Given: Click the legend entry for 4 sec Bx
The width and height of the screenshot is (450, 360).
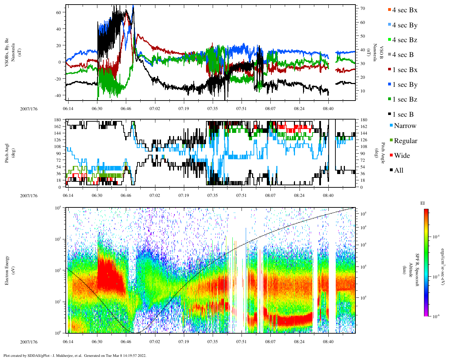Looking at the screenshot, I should (x=405, y=10).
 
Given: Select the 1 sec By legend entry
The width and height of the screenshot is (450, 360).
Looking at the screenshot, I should (x=405, y=85).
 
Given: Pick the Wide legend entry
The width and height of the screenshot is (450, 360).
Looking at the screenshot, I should (x=402, y=156).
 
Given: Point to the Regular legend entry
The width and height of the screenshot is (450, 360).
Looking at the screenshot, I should (x=405, y=141).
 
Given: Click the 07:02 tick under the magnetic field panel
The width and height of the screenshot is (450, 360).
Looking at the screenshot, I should (x=155, y=109).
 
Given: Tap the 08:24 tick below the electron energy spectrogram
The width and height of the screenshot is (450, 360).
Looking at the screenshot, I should (x=299, y=342).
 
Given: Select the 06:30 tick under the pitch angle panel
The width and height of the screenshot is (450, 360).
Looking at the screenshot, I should (x=97, y=196).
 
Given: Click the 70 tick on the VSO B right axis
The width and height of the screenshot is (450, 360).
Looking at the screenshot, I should (x=362, y=8).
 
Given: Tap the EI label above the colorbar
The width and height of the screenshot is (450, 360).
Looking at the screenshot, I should (x=423, y=203).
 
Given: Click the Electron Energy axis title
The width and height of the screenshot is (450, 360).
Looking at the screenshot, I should (x=7, y=270).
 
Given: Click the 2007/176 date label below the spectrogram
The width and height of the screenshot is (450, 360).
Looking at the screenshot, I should (x=29, y=342).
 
